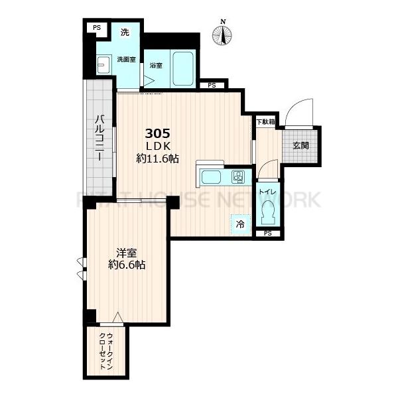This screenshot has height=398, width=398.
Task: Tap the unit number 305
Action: pos(157,133)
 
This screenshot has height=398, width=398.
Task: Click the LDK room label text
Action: pos(157,145)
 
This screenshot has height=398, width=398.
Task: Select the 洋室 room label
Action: pos(127,252)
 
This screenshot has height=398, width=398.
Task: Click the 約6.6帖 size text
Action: pos(127,265)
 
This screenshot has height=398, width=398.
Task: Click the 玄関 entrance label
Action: pos(299,146)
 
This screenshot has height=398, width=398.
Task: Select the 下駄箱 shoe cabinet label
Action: pos(265,121)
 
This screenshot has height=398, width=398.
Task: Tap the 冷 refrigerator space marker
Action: pos(240,224)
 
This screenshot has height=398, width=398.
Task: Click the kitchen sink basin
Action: pos(212,177)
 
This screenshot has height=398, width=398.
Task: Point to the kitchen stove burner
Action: pos(237,176)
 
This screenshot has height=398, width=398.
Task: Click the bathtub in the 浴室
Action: pos(182,70)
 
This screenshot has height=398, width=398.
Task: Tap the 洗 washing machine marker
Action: pos(124,33)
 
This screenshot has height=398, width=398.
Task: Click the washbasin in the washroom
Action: pos(103,65)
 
